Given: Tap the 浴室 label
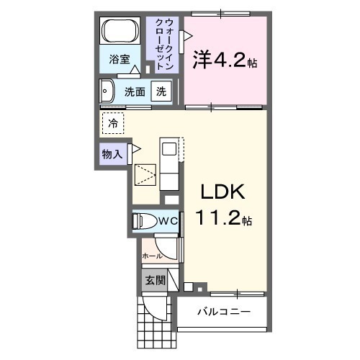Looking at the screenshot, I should pos(120,60).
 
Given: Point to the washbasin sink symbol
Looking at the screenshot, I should pos(109,91).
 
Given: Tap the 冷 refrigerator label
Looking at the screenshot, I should pos(113,124).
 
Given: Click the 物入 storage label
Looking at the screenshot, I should pos(112,153).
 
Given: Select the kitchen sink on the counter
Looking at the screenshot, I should pos(168,150).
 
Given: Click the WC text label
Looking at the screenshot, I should pos(168,221).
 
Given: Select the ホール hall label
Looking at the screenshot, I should pos(151,256).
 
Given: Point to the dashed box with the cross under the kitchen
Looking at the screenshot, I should pos(146,176).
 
